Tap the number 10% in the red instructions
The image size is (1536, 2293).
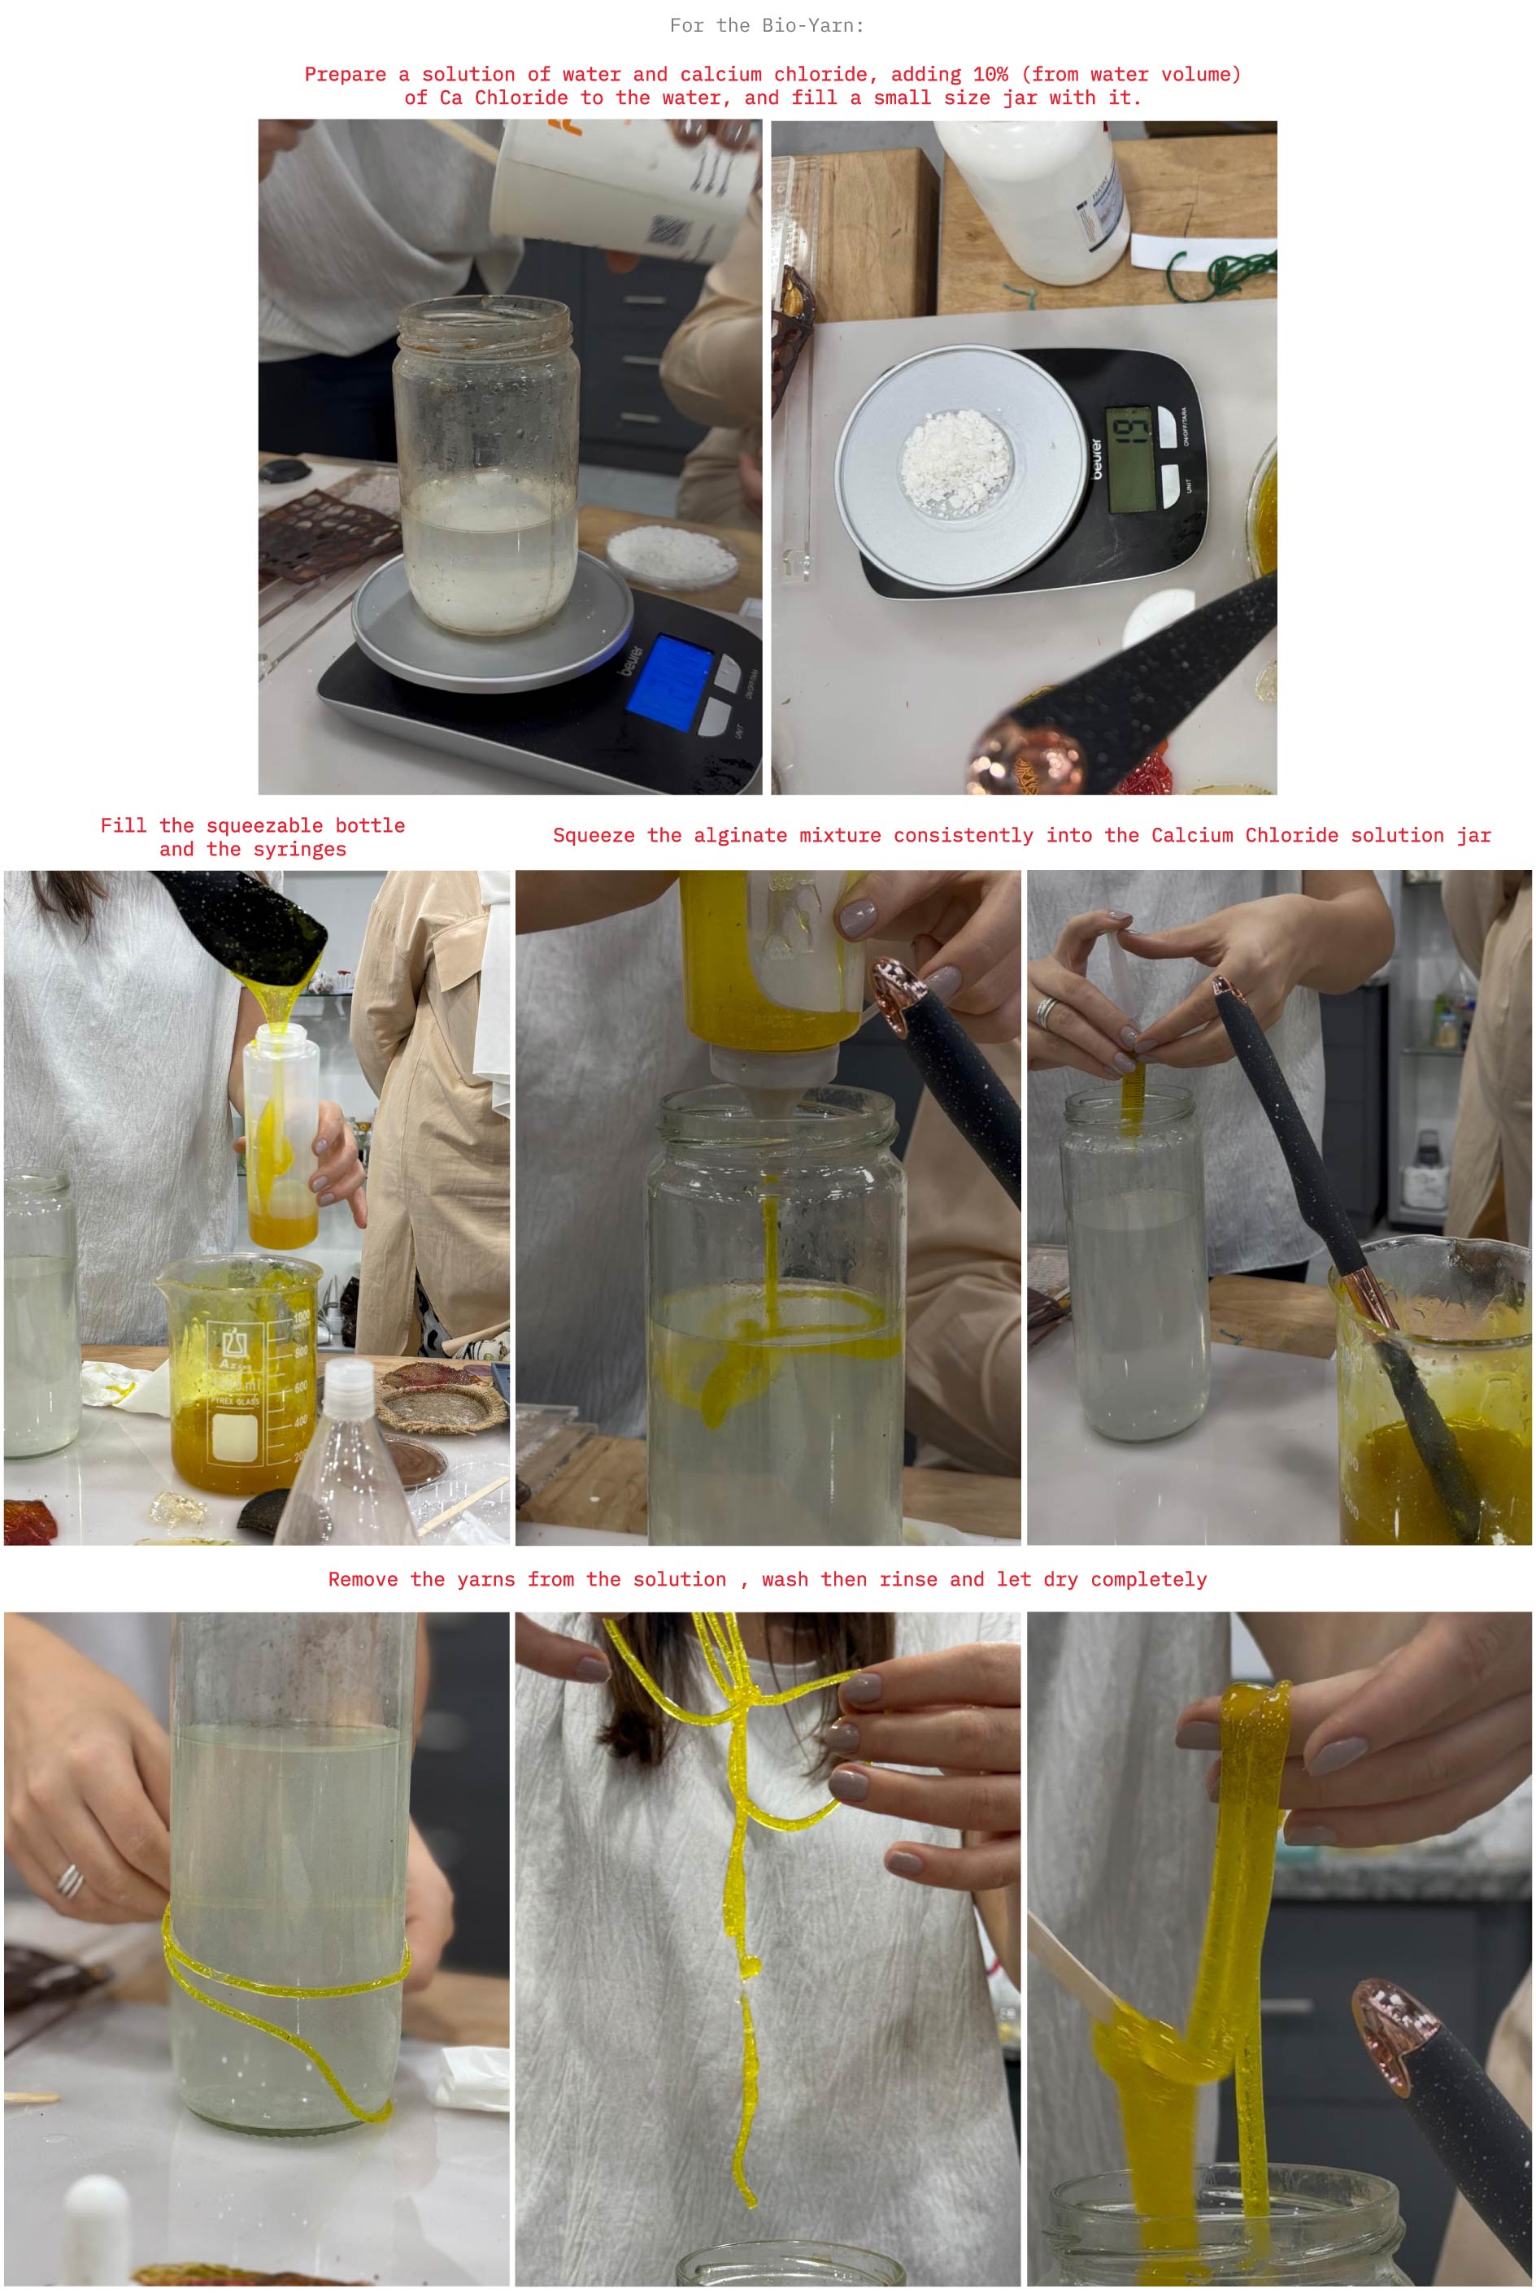point(990,75)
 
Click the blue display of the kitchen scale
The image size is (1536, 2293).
point(670,680)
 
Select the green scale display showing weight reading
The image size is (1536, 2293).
point(1129,459)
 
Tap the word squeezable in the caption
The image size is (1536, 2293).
point(264,825)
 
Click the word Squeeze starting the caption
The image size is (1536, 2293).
point(594,836)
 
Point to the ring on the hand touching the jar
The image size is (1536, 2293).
point(70,1881)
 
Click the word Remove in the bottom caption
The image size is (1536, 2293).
point(363,1580)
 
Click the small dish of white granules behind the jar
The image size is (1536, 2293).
point(672,555)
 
